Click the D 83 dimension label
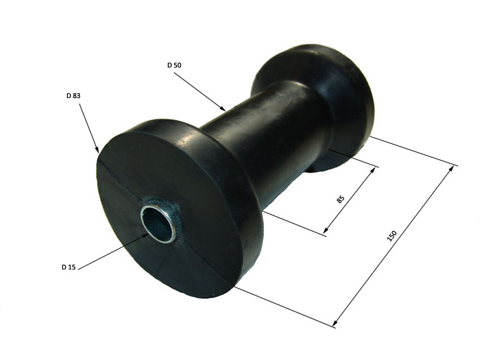(x=73, y=96)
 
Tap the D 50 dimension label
(x=174, y=65)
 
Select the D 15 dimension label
(x=69, y=267)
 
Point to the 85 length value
(x=340, y=199)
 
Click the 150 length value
(x=392, y=235)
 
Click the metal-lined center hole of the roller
(x=157, y=223)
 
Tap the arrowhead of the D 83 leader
(x=97, y=149)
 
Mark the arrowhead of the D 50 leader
(x=223, y=108)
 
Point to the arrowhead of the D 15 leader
(x=145, y=236)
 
